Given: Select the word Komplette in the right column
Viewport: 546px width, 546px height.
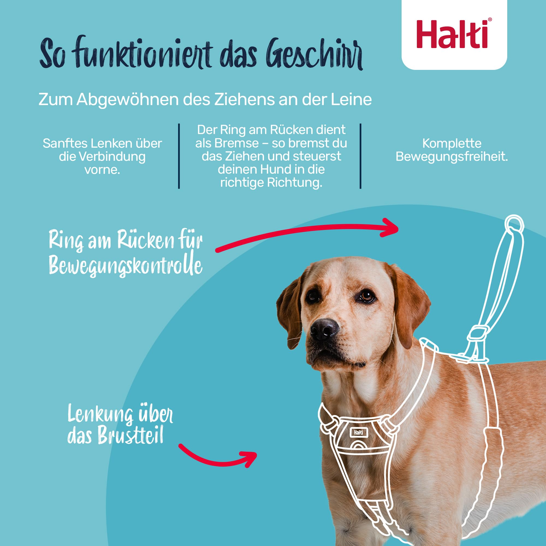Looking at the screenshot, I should point(452,144).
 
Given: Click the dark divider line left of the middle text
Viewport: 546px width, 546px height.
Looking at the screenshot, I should point(179,156).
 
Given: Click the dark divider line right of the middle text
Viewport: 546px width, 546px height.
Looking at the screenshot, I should point(360,156).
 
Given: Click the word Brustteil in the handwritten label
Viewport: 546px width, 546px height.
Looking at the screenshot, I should point(130,436).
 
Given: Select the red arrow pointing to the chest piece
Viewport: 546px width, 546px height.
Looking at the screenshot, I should point(218,457).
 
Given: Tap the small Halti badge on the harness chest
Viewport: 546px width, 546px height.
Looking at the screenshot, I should point(358,432).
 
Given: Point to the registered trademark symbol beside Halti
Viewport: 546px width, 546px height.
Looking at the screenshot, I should point(490,19).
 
